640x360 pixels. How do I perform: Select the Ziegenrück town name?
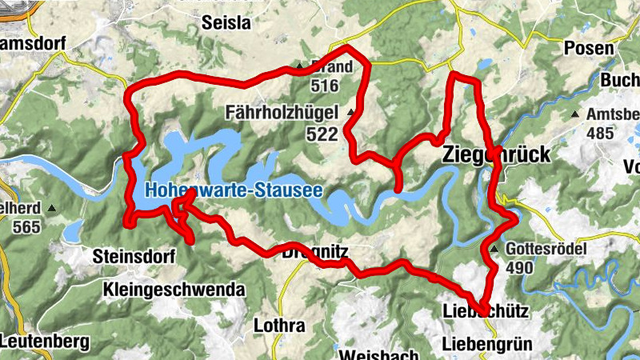[496, 154]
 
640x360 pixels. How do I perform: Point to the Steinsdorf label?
[133, 257]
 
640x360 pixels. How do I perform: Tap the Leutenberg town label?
[44, 342]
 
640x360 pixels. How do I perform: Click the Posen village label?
[590, 48]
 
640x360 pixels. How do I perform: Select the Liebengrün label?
[486, 345]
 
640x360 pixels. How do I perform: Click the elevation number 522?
[322, 134]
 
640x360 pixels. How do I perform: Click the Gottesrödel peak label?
[546, 250]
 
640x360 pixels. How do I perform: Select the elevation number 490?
[519, 267]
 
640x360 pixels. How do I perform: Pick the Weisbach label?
[379, 354]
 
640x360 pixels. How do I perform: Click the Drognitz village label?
[314, 251]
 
